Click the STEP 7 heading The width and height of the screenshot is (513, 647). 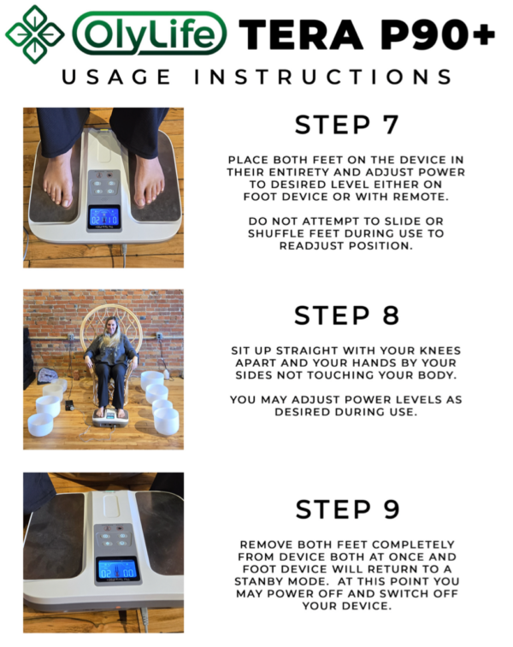point(346,125)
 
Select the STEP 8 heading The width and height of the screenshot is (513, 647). point(346,315)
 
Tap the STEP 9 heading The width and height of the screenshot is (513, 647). point(346,509)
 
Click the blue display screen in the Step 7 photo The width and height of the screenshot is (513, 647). point(104,216)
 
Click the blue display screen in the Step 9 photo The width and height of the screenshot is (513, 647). point(117,569)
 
